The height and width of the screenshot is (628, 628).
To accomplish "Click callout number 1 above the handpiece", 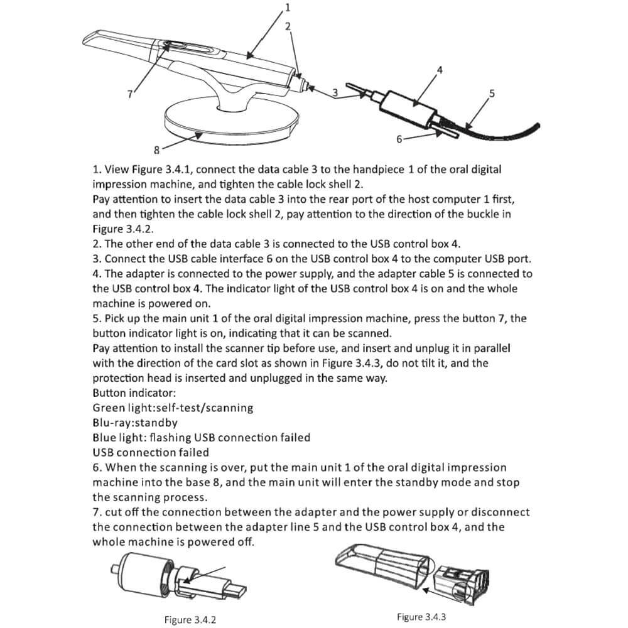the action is pos(288,7).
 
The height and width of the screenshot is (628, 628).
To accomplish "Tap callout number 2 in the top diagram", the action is pos(288,26).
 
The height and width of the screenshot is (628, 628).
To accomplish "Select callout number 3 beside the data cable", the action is pos(335,92).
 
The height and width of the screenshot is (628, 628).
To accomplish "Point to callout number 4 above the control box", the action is pos(440,70).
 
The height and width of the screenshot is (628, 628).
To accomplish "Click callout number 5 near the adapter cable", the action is pos(492,94).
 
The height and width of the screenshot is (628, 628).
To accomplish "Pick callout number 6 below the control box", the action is pos(399,139).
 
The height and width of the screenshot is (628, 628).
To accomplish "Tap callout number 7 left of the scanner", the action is pos(130,94).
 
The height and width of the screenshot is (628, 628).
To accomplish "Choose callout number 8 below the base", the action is pos(156,150).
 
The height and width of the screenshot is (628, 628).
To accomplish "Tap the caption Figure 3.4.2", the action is pos(190,620).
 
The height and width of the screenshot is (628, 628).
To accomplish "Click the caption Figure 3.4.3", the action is pos(421,617).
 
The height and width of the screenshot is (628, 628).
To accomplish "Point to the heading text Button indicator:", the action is pos(134,393).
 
